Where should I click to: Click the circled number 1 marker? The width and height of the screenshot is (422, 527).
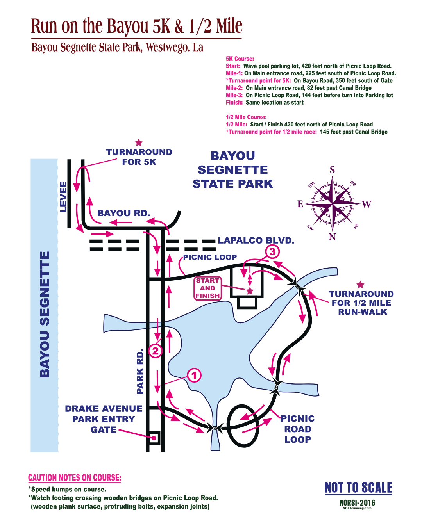click(194, 375)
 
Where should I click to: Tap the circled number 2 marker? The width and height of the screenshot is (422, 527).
click(155, 351)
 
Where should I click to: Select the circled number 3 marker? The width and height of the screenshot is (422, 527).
click(272, 252)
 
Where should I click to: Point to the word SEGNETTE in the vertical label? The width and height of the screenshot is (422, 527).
click(45, 289)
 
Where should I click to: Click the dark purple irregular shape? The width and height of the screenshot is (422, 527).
click(363, 219)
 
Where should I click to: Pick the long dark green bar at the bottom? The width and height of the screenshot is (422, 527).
click(176, 500)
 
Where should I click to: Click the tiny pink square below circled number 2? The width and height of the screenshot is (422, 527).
click(154, 439)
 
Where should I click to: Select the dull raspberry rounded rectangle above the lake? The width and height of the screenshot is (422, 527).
click(211, 288)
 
